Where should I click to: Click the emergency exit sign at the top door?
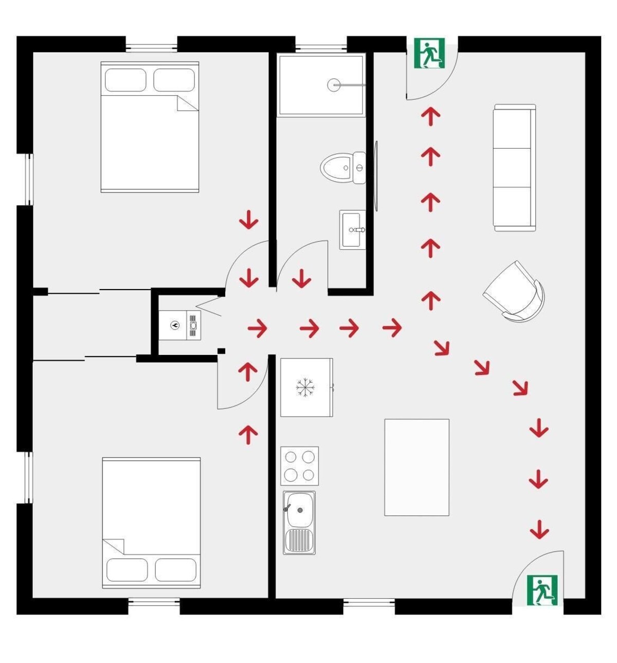point(429,53)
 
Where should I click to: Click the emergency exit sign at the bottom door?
point(542,590)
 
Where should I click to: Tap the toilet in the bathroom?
point(342,168)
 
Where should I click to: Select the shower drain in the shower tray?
point(334,85)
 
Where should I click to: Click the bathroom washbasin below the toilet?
point(352,230)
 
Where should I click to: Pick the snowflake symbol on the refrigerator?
point(305,387)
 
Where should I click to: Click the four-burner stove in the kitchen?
point(300,465)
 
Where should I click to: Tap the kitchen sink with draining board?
point(299,522)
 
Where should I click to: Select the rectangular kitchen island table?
point(416,467)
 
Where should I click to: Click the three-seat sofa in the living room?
point(514,168)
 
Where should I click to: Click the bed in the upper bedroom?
point(150,127)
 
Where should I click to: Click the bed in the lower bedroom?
point(151,523)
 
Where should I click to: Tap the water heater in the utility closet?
point(180,325)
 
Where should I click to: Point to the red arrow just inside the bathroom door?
point(301,279)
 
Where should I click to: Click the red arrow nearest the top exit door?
point(431,116)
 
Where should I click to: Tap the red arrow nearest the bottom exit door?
point(539,530)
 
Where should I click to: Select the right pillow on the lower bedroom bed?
point(175,570)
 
